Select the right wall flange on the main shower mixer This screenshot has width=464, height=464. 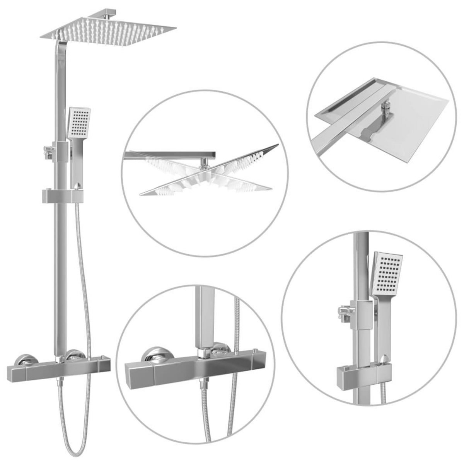pyautogui.click(x=75, y=355)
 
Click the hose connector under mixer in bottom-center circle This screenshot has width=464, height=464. pyautogui.click(x=202, y=385)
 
